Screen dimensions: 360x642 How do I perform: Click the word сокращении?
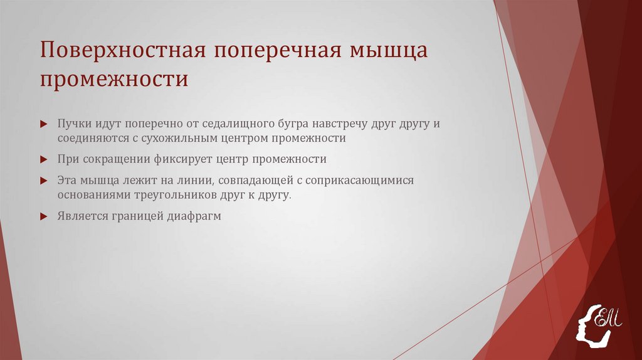(x=117, y=159)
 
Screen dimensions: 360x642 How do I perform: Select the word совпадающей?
(x=258, y=181)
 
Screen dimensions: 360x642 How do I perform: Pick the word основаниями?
(x=93, y=195)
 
